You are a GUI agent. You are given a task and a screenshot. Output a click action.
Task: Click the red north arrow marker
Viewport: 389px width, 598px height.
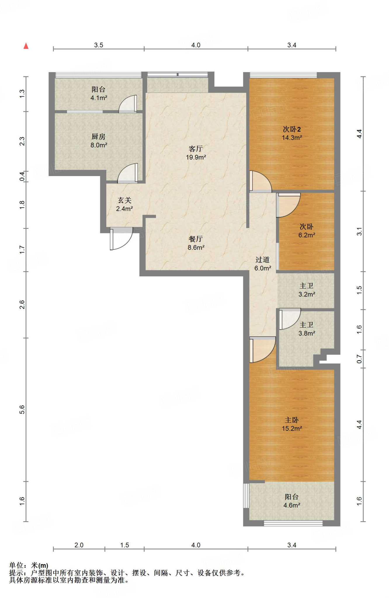[26, 46]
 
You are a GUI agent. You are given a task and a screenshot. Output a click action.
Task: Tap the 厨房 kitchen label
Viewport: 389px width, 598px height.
[98, 136]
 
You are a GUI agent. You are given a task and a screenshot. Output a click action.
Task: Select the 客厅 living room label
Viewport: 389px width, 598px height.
[196, 149]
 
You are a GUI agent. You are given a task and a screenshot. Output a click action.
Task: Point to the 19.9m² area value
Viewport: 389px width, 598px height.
[196, 157]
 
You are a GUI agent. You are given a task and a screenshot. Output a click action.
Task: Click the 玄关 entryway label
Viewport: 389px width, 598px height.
[124, 200]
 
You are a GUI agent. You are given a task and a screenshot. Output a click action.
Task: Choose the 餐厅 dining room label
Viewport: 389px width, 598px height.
[196, 239]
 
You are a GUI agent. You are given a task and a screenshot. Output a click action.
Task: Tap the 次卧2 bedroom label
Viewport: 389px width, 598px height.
[292, 129]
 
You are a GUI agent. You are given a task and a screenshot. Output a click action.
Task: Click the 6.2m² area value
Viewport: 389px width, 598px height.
[307, 235]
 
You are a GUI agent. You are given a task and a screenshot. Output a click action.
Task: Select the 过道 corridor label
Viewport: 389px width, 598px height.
[262, 260]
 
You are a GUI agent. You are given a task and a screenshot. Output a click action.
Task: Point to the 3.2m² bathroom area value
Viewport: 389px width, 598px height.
[307, 294]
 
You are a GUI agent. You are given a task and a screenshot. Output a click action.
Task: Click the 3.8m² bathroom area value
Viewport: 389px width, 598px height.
[307, 333]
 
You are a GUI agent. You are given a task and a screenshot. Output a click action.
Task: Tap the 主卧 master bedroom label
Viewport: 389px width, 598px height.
[292, 420]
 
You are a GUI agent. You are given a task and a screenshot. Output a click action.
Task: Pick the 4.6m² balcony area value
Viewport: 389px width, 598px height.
[292, 505]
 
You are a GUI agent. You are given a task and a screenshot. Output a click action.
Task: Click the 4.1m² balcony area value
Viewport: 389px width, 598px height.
[99, 98]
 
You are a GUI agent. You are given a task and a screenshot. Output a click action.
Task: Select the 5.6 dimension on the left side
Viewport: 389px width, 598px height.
[22, 410]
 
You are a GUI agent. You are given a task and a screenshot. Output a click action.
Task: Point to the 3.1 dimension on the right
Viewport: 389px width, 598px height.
[360, 231]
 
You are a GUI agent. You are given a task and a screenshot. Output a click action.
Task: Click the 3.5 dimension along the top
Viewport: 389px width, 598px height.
[99, 45]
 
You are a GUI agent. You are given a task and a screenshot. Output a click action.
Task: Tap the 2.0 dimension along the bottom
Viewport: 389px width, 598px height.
[79, 545]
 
